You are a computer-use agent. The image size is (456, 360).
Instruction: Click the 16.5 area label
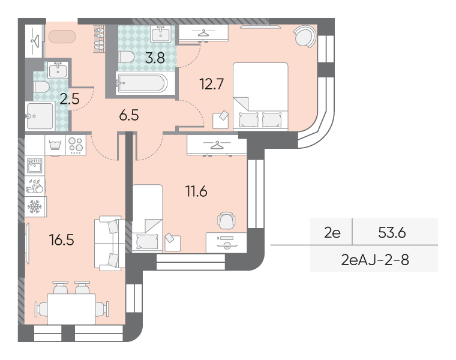(x=62, y=240)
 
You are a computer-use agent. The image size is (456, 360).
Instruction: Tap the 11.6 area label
(x=196, y=191)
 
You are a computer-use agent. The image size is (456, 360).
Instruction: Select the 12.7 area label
(x=211, y=84)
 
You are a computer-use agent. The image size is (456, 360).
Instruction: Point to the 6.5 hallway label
(x=129, y=115)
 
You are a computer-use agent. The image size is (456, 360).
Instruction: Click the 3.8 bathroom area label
(x=155, y=58)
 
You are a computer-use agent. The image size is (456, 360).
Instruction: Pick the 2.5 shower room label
(x=70, y=99)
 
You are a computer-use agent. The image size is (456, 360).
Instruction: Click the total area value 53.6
(x=392, y=232)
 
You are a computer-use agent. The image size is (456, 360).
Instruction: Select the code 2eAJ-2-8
(x=375, y=260)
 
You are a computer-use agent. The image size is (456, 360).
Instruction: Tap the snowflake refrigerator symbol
(x=35, y=207)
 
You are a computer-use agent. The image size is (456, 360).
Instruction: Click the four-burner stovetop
(x=76, y=145)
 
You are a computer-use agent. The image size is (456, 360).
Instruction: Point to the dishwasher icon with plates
(x=35, y=186)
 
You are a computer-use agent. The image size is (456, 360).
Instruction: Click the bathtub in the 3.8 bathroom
(x=142, y=83)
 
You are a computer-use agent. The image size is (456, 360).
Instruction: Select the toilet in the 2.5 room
(x=41, y=87)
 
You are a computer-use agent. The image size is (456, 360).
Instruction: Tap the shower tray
(x=40, y=116)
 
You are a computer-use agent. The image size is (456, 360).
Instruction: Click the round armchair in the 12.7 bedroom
(x=305, y=37)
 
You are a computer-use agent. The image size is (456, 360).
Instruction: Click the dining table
(x=71, y=309)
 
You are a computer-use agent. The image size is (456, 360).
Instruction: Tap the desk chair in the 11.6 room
(x=226, y=220)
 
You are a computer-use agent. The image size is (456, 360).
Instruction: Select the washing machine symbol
(x=55, y=145)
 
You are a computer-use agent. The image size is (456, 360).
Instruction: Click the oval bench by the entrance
(x=62, y=37)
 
